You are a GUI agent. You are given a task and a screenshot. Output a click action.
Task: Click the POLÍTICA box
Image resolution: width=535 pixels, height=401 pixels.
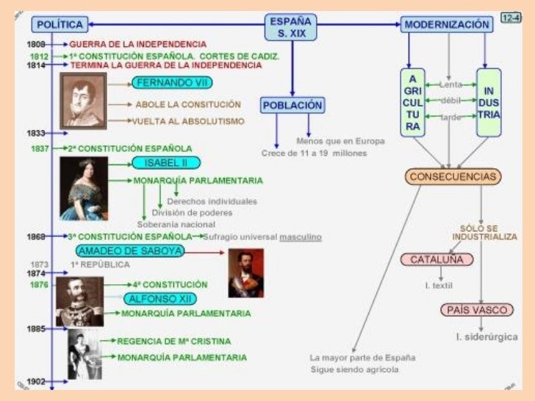click(x=60, y=25)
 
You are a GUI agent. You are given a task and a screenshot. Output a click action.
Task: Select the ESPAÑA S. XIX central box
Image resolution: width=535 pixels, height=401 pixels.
click(x=290, y=27)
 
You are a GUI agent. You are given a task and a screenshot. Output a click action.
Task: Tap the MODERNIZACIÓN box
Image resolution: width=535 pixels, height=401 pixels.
click(x=447, y=24)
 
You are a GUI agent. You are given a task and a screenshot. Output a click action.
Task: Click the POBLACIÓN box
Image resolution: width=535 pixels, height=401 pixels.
click(x=292, y=105)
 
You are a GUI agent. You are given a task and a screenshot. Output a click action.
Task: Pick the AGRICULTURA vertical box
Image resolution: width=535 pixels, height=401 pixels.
click(x=414, y=102)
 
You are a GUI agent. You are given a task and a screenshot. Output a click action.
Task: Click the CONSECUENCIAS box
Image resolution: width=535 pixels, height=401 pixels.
click(x=453, y=177)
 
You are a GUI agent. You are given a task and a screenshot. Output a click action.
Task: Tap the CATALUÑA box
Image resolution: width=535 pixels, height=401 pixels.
click(x=437, y=259)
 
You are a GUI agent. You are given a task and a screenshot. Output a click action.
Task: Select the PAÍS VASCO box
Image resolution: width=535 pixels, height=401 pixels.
click(x=477, y=310)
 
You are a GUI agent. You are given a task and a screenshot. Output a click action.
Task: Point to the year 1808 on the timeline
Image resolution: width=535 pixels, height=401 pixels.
click(x=36, y=45)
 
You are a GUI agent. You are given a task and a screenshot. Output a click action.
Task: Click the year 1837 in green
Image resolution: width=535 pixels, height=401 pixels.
click(x=40, y=148)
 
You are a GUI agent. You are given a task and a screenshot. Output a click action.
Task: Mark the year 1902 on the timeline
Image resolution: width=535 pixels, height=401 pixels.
click(x=36, y=382)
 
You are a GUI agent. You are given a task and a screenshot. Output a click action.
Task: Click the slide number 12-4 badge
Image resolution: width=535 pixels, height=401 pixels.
click(x=510, y=17)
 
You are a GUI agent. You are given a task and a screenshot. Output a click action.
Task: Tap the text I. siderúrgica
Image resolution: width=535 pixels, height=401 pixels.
click(x=484, y=337)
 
